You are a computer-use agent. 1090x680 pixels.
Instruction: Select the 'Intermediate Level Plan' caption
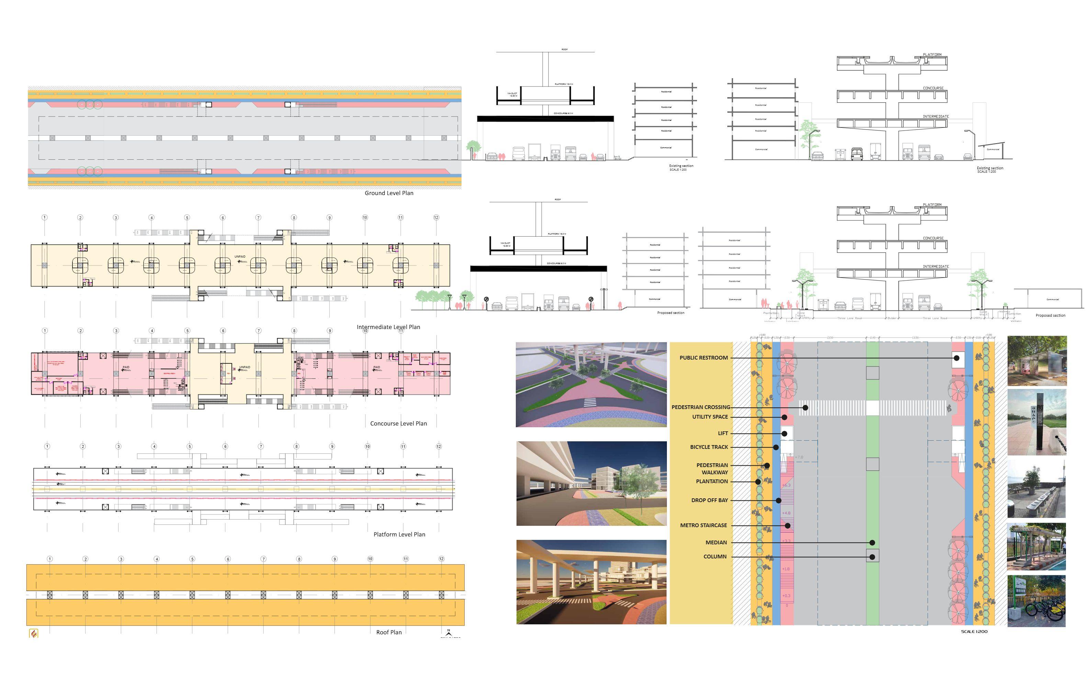click(x=388, y=327)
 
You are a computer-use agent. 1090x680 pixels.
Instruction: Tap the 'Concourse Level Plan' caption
click(x=398, y=423)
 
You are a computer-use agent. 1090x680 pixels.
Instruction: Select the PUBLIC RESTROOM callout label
click(x=703, y=358)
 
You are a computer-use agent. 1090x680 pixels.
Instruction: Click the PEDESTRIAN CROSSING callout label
click(x=701, y=407)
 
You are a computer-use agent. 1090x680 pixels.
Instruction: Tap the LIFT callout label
click(x=723, y=433)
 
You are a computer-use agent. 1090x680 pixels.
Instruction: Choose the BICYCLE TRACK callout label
click(x=709, y=447)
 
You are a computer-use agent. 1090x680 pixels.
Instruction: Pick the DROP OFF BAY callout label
click(x=709, y=500)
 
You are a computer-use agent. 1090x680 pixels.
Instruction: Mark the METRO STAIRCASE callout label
click(x=703, y=525)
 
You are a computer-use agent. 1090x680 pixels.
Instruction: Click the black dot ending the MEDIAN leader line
click(x=872, y=543)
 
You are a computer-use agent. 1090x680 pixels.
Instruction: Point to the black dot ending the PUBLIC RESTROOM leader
click(x=956, y=358)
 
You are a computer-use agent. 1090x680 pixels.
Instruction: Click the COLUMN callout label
click(x=715, y=556)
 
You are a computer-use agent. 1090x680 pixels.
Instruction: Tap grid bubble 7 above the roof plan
click(x=263, y=559)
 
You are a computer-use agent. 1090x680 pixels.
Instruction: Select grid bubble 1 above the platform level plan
click(x=47, y=446)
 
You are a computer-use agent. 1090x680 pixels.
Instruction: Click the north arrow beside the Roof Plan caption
click(x=448, y=632)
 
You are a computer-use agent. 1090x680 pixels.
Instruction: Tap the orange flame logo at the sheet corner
click(x=33, y=634)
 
